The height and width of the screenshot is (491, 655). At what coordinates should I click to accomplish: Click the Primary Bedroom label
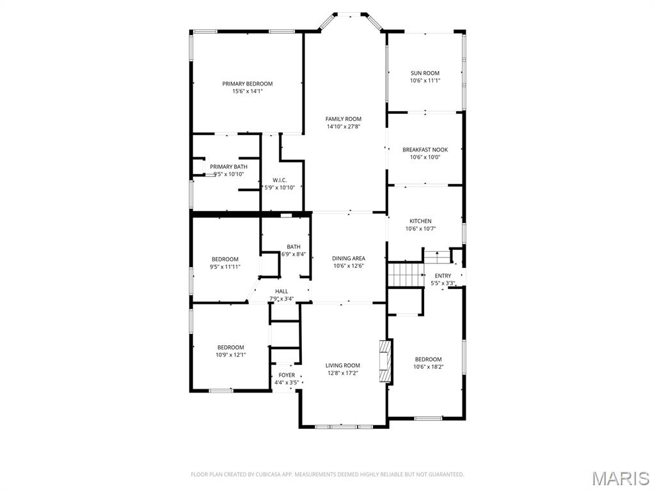247,84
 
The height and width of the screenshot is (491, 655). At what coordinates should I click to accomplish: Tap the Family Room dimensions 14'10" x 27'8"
343,127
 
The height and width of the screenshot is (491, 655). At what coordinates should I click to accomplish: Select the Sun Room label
425,74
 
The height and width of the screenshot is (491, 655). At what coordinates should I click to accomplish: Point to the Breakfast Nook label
425,150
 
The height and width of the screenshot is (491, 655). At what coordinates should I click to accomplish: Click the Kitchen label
420,221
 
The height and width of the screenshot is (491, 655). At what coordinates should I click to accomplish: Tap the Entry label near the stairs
443,276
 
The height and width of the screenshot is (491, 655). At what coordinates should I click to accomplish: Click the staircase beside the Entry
406,276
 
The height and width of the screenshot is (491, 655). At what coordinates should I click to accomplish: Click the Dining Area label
348,258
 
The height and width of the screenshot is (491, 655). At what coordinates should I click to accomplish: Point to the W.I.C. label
279,180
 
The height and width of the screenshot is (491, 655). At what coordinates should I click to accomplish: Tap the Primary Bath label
228,167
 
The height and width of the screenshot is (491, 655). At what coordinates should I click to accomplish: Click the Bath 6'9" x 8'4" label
293,247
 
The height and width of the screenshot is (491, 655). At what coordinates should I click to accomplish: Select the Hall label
281,291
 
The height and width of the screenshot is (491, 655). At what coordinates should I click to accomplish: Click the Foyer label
287,375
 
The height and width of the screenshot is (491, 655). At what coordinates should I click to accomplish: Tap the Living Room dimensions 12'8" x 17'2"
343,373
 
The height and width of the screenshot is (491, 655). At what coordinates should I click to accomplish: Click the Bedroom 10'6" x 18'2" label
428,359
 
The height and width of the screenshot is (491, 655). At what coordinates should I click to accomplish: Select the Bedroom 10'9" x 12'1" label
230,347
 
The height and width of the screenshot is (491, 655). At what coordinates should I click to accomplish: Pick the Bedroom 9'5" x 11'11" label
225,259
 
